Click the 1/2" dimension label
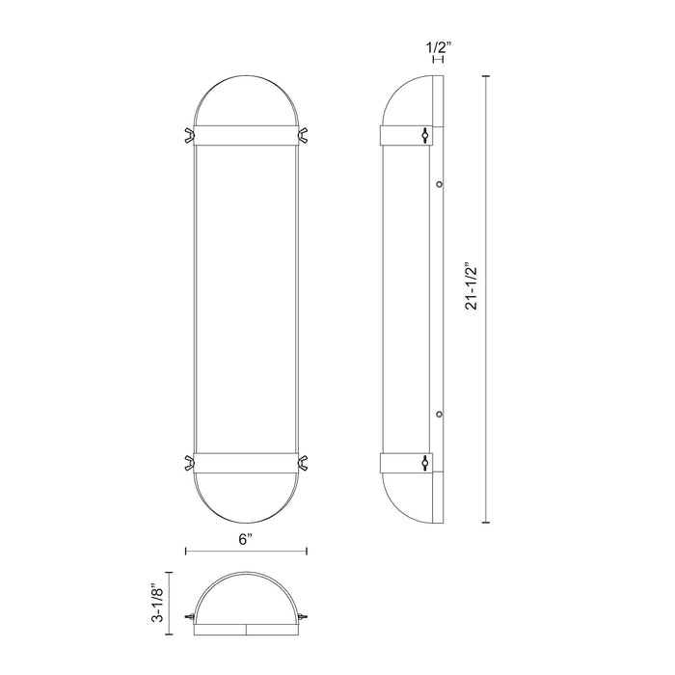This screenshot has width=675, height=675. (x=438, y=43)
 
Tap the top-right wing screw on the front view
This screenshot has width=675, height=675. (x=305, y=133)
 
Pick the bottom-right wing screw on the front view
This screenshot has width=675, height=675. (x=305, y=461)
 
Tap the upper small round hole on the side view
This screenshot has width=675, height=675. (x=439, y=183)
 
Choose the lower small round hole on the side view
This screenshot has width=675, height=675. (x=439, y=414)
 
